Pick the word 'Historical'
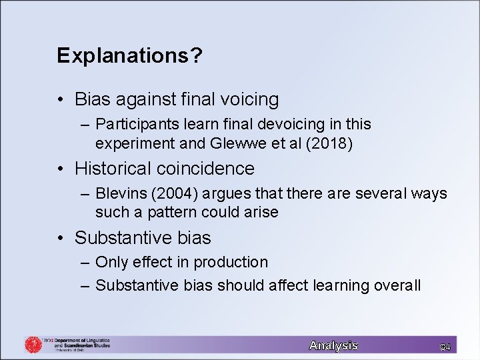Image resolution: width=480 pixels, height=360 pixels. pyautogui.click(x=113, y=169)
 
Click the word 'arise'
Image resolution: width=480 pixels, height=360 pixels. pyautogui.click(x=262, y=213)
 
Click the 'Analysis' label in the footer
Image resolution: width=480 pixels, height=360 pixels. pyautogui.click(x=333, y=345)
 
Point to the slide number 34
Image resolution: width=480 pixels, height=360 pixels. pyautogui.click(x=445, y=346)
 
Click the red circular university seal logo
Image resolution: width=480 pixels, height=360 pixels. pyautogui.click(x=33, y=345)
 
